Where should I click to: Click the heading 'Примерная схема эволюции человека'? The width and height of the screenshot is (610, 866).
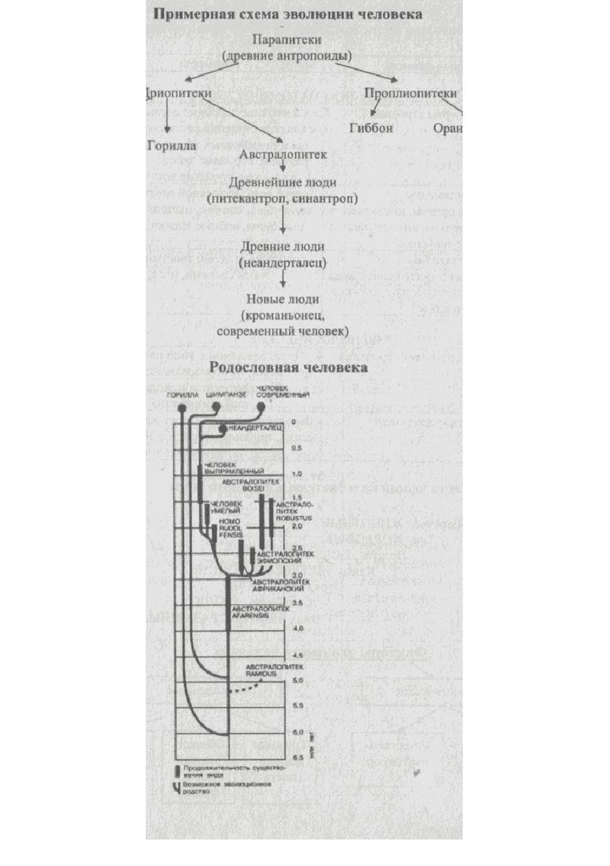coord(288,14)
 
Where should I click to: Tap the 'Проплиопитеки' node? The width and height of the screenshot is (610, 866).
coord(411,93)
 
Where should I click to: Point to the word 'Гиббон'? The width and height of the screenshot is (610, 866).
coord(371,129)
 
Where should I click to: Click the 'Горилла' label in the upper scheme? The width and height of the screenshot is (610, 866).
coord(172,145)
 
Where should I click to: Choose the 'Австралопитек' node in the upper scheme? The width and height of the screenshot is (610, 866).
coord(282,156)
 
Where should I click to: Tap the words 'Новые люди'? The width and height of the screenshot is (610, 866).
coord(282,299)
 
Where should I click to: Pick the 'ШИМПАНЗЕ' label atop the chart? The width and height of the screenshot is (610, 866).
coord(218,395)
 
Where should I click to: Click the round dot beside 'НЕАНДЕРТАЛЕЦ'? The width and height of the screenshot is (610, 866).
coord(222,430)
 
